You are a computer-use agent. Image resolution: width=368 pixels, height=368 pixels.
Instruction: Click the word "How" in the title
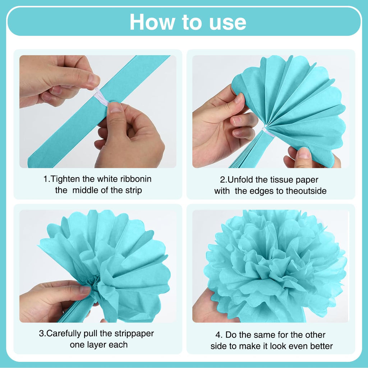pos(152,22)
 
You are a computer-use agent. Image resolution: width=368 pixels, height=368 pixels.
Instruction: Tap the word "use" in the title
pos(227,23)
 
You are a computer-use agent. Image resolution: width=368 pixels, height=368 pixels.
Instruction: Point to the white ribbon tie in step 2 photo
pos(268,132)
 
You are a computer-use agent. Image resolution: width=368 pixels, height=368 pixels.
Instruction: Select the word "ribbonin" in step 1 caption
pos(136,179)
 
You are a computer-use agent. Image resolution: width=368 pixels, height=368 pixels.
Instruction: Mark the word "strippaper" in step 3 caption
pos(134,334)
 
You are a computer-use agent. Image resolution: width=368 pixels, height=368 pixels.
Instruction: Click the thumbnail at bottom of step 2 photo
pos(304,152)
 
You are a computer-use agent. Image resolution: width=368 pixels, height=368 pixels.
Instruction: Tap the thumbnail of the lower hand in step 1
pos(115,107)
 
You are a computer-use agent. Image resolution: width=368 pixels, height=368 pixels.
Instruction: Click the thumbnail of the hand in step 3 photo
pos(84,289)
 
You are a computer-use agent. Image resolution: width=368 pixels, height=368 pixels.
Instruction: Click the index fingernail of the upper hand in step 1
pos(93,80)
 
